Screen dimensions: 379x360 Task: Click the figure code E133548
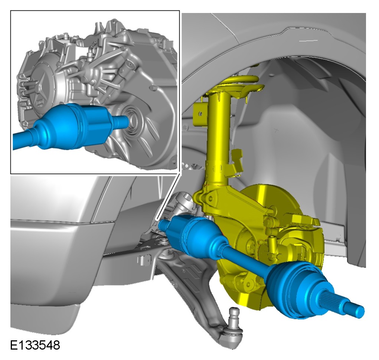(x=35, y=345)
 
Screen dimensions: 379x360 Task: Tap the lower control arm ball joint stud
(x=233, y=315)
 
